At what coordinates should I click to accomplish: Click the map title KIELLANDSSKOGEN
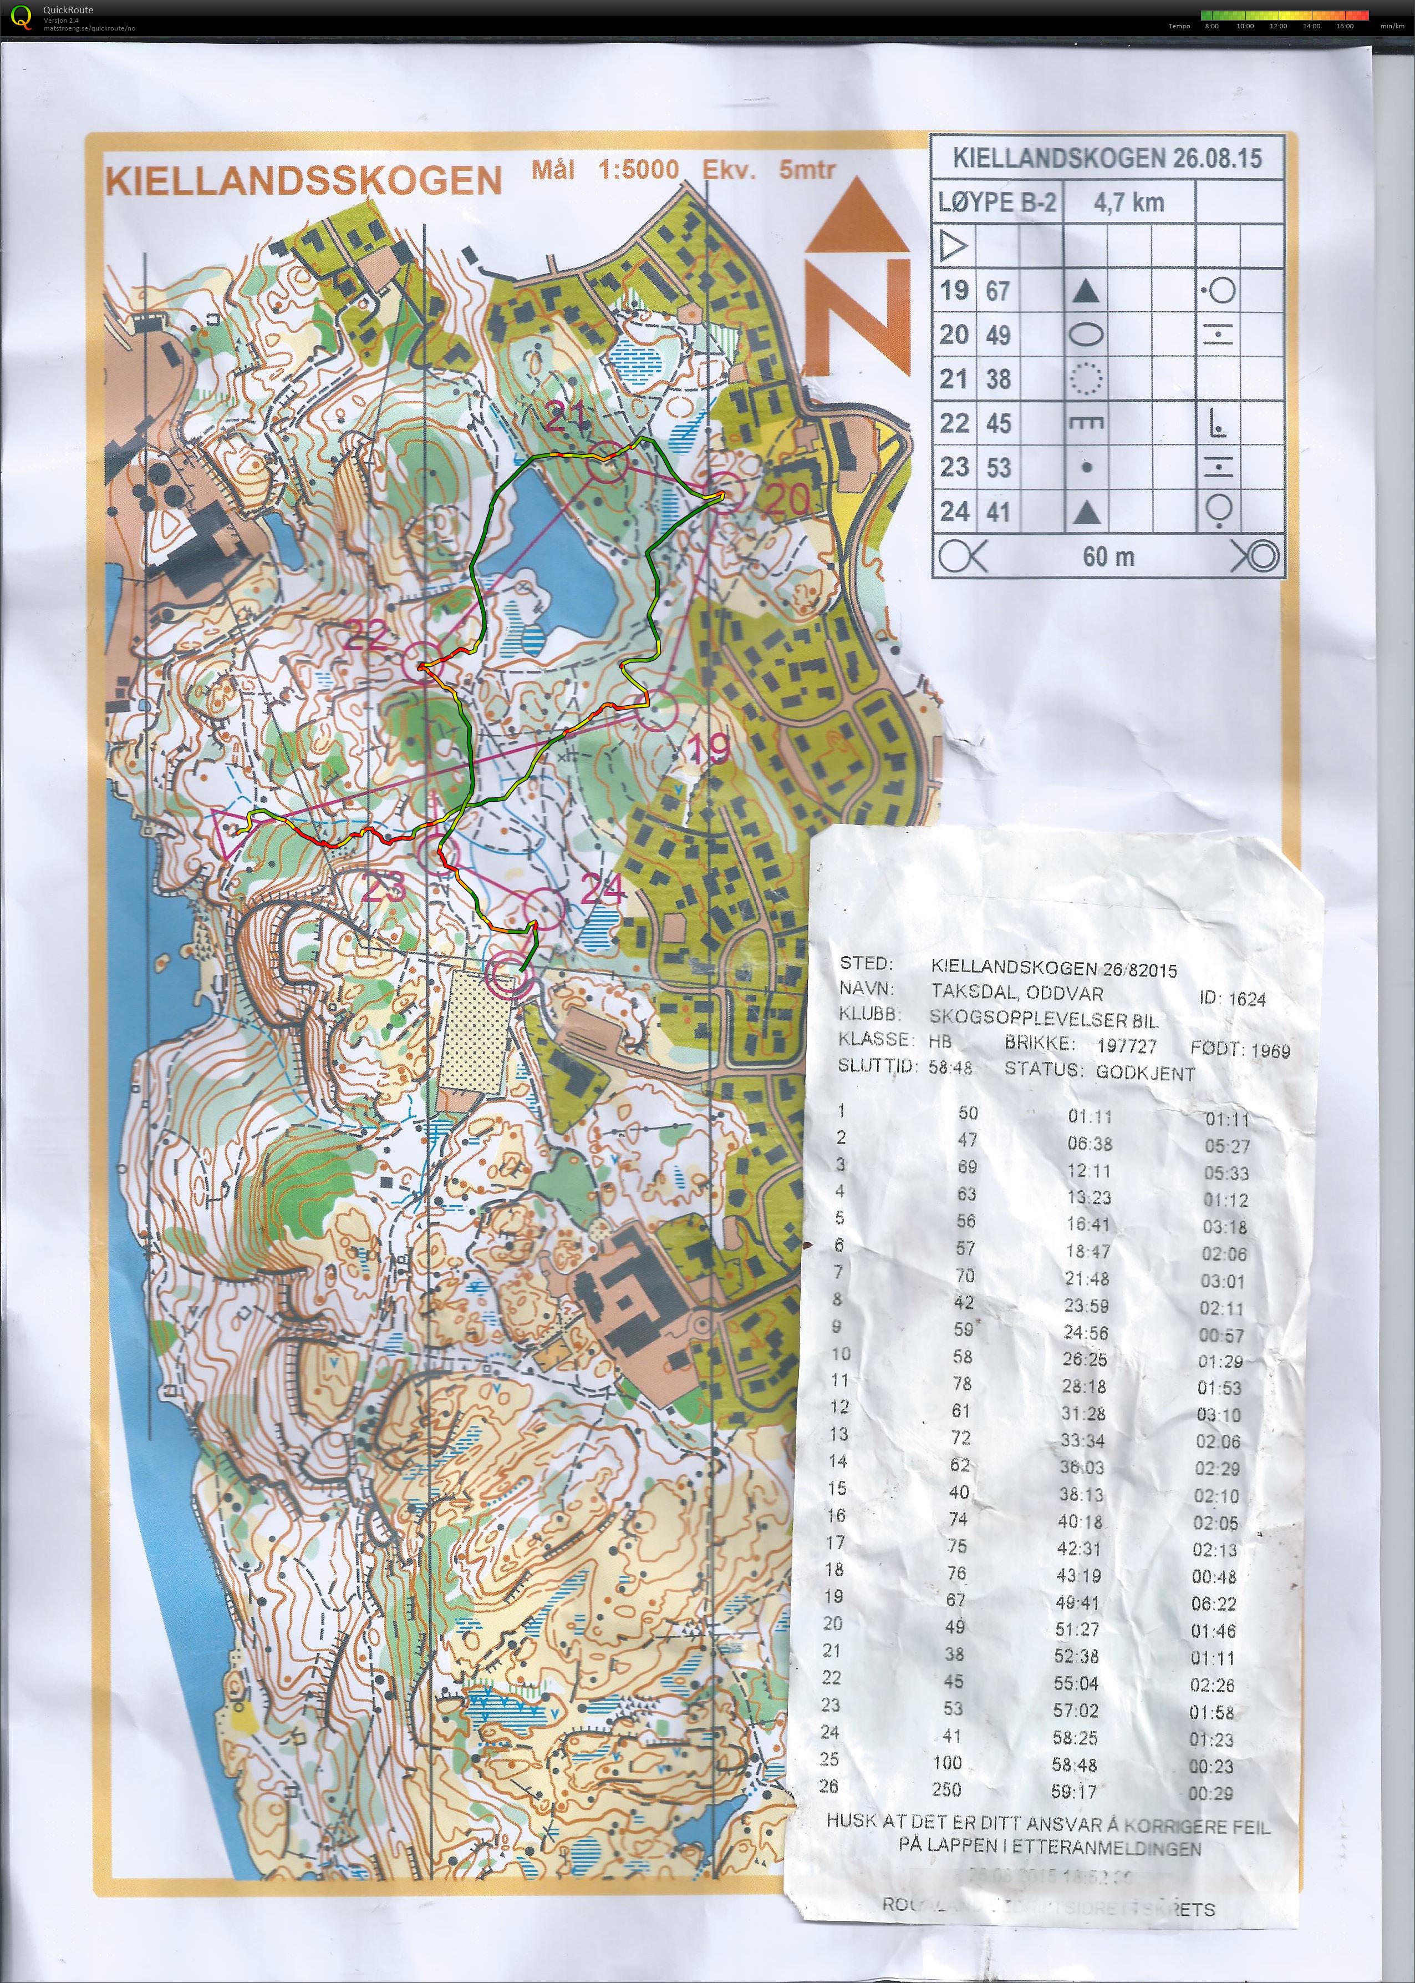303,180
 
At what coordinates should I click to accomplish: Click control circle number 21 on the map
607,461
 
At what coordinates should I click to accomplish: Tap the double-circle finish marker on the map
510,974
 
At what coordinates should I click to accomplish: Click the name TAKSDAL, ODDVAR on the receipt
1017,993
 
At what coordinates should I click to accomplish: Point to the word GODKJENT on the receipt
1145,1073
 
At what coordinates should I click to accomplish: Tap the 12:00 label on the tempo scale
1278,26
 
